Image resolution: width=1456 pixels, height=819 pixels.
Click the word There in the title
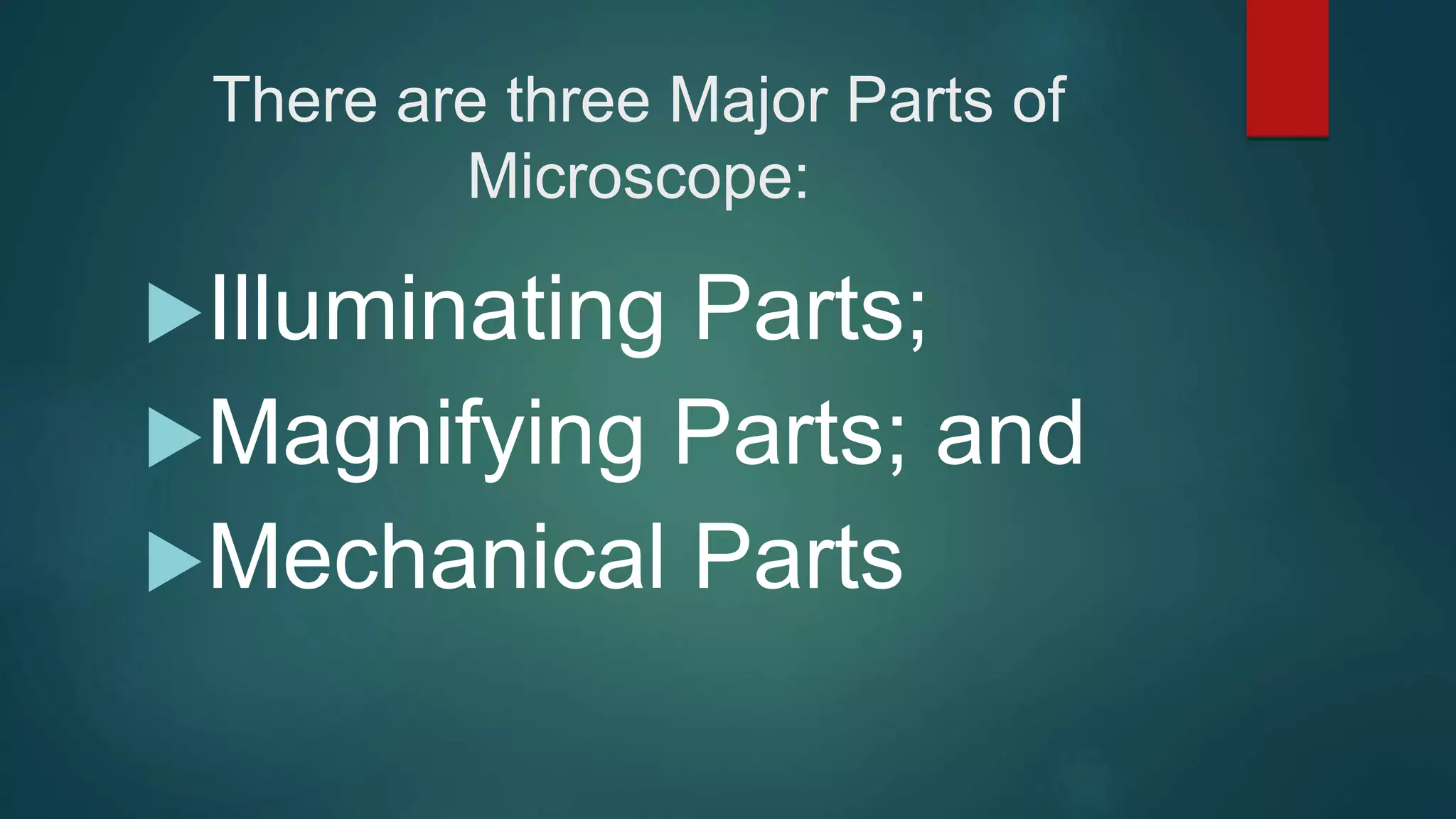pos(294,100)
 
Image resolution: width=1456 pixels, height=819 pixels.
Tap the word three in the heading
pos(578,100)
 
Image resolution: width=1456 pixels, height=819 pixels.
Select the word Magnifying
pos(426,435)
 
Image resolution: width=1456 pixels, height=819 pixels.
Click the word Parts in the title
pos(920,100)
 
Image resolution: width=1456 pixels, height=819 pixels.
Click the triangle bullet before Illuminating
pos(173,313)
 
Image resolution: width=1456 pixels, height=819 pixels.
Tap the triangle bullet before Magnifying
pos(173,437)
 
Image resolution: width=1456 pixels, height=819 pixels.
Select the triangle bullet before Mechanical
pos(173,562)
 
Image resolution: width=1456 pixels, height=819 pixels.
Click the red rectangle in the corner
pos(1287,68)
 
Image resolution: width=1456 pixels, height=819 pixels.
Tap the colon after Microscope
pos(801,183)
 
